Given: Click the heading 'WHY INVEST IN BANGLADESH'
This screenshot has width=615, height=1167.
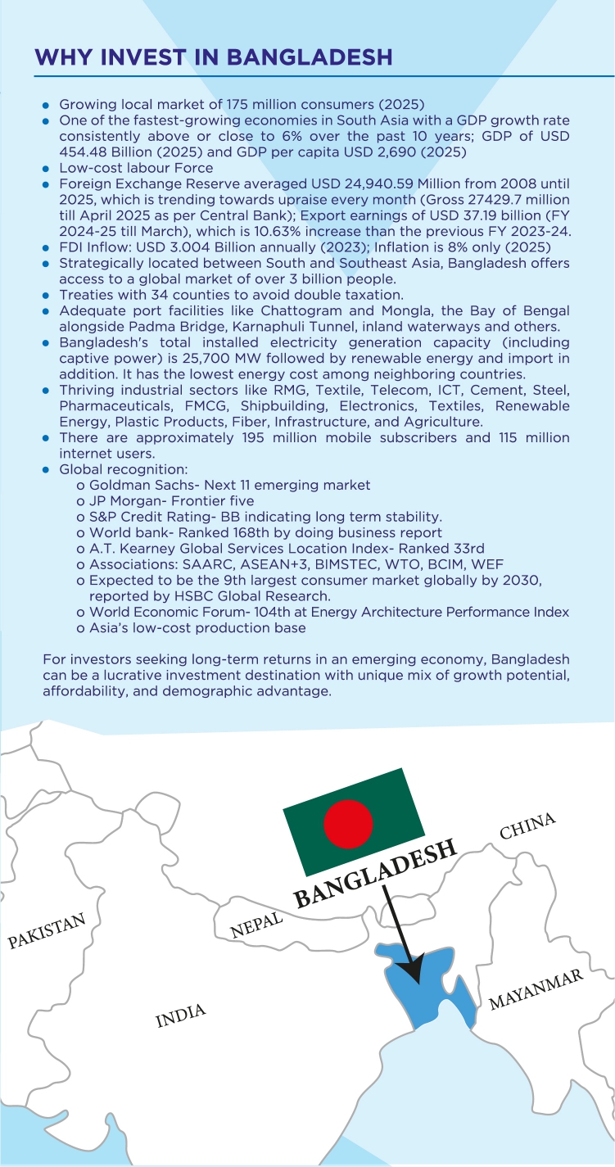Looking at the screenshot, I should coord(213,57).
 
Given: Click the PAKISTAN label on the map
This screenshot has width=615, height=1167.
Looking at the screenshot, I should coord(47,931).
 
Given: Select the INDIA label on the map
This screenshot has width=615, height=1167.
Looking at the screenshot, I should coord(180,1015).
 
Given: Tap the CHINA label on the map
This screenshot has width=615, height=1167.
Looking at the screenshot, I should coord(527,826).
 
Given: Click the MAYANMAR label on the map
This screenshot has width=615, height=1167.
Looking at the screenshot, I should coord(536,989).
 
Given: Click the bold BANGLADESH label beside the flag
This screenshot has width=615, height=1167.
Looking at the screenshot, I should coord(375,873).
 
